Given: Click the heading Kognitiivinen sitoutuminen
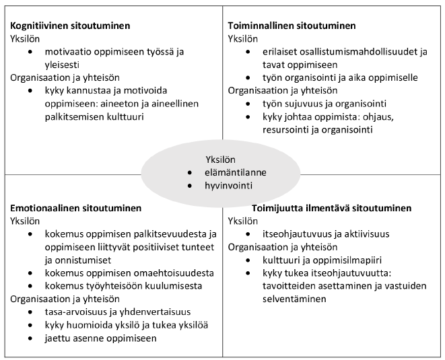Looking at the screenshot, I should [70, 26].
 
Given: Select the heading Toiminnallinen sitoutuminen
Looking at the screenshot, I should [292, 26].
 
